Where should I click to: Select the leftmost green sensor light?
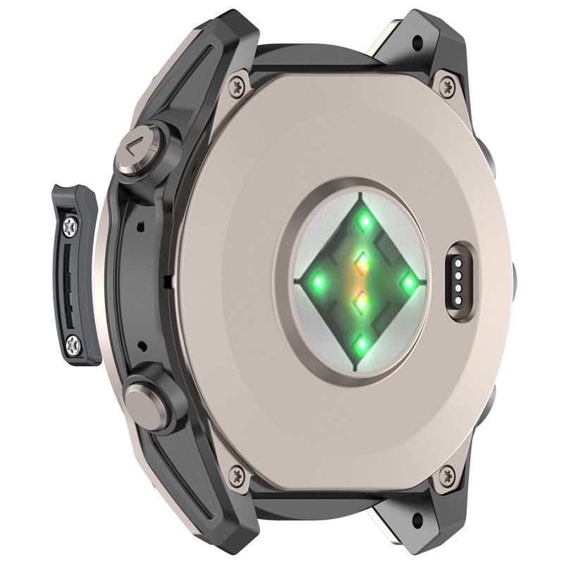(x=317, y=283)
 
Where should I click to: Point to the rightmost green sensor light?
(x=408, y=281)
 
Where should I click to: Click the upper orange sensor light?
(x=362, y=264)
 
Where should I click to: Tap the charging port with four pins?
(x=458, y=281)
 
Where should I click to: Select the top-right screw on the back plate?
(x=445, y=86)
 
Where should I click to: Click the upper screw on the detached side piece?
(x=71, y=226)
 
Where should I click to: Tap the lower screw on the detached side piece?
(x=74, y=343)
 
